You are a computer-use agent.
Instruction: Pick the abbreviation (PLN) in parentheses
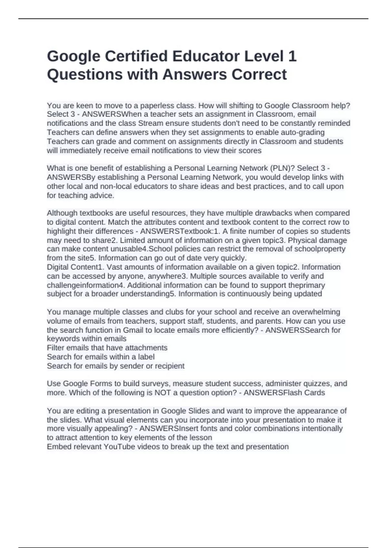point(282,168)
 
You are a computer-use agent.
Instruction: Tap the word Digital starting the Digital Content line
point(58,267)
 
